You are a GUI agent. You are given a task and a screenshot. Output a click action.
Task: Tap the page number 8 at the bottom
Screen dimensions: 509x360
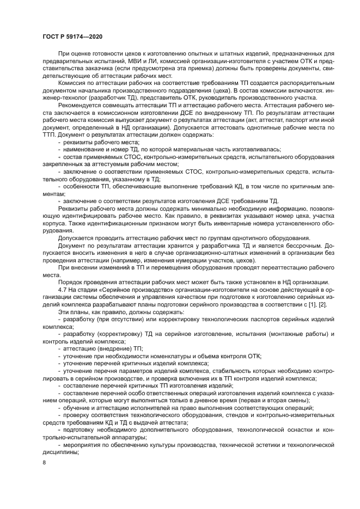(x=44, y=462)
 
